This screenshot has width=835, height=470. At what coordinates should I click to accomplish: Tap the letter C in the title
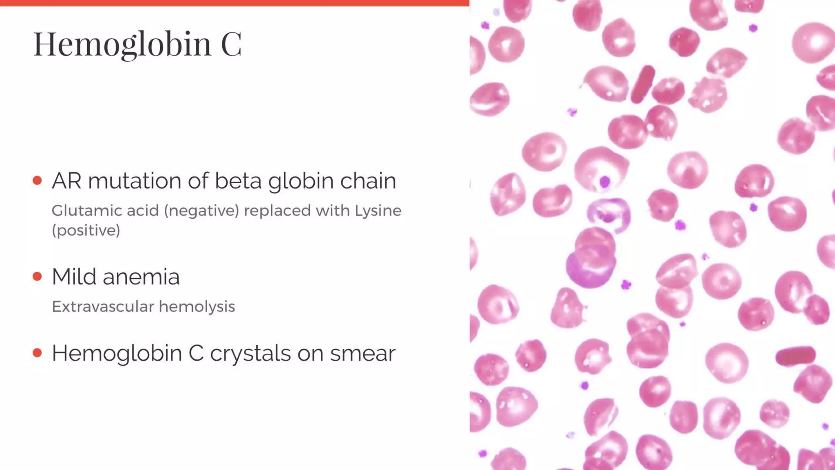click(231, 44)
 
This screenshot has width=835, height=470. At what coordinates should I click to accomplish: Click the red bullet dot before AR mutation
click(38, 180)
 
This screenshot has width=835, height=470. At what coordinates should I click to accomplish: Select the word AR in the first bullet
click(66, 181)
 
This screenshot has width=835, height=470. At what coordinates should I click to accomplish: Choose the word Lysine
click(378, 211)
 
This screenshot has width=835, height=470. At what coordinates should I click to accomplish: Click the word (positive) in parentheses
click(86, 231)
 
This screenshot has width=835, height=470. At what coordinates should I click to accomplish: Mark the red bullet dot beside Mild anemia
click(38, 277)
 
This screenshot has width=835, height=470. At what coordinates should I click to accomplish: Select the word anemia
click(141, 277)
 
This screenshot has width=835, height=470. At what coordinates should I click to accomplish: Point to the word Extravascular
click(103, 306)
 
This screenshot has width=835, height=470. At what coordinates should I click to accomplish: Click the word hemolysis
click(197, 306)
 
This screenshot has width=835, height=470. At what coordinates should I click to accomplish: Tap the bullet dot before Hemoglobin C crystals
click(38, 353)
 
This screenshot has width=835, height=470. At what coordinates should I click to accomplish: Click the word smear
click(362, 353)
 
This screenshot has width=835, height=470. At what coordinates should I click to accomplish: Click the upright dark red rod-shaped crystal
click(643, 84)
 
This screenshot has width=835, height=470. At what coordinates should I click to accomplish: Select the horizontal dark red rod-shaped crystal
click(795, 356)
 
